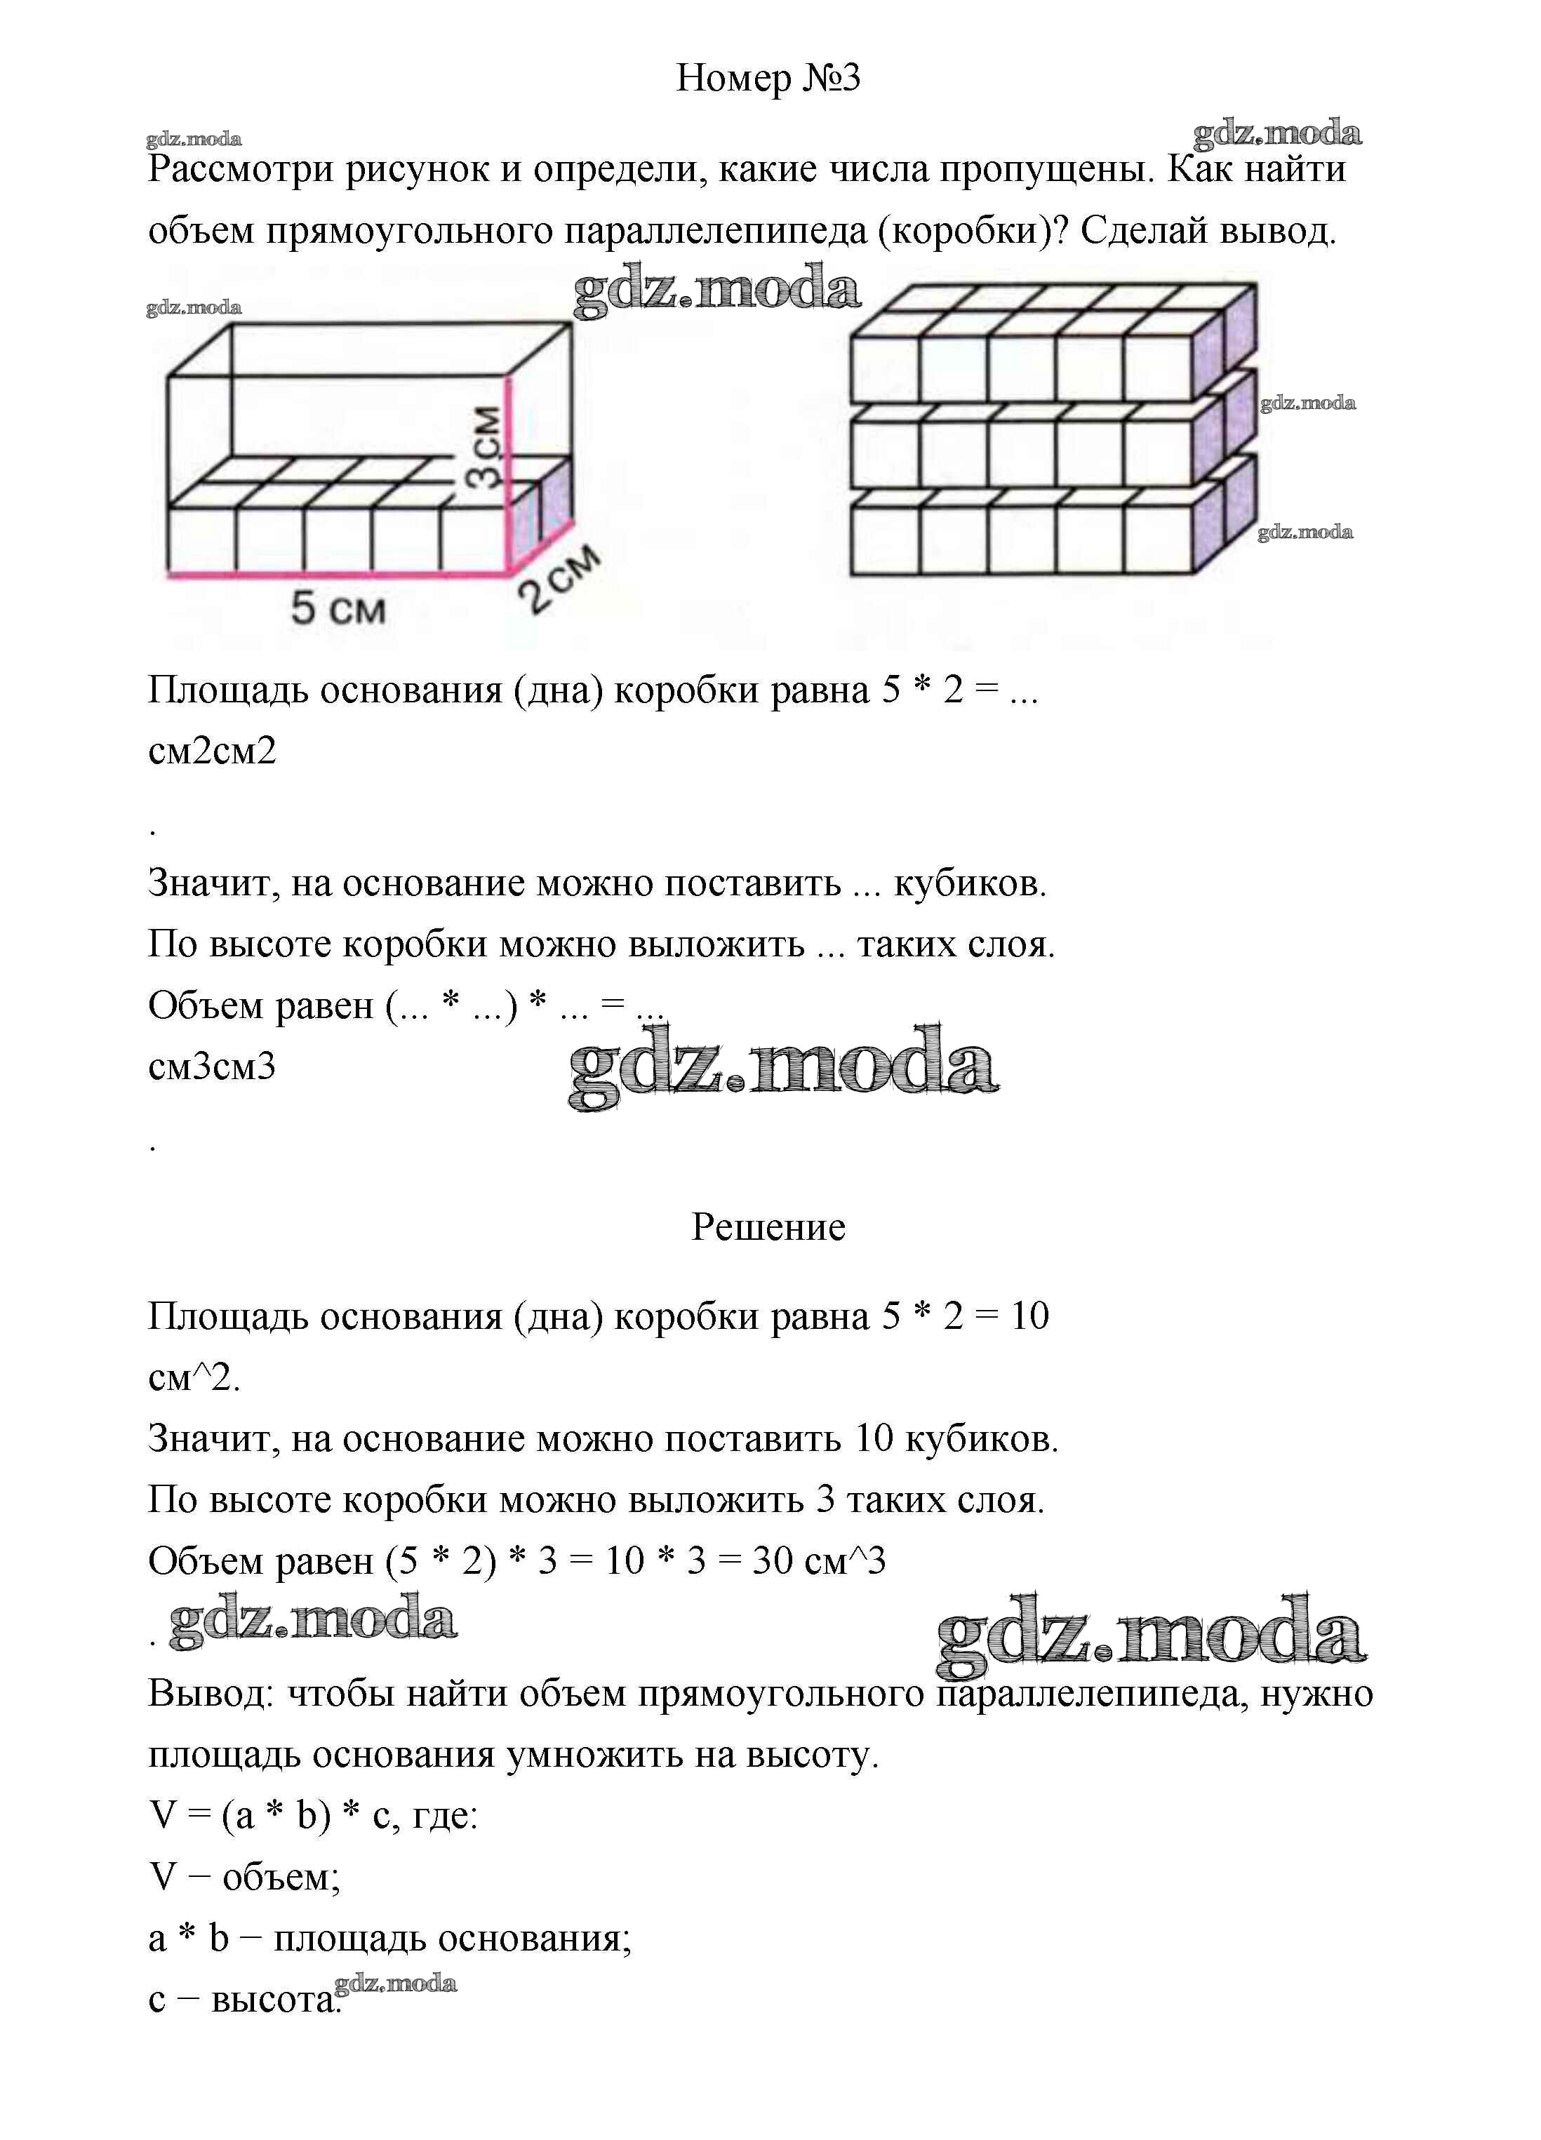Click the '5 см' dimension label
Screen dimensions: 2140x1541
coord(338,608)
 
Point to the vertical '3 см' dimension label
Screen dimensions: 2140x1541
coord(485,446)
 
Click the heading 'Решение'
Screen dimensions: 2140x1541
coord(768,1226)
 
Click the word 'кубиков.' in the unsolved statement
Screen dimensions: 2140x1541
coord(970,884)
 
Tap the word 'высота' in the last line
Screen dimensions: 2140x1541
coord(271,2000)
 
